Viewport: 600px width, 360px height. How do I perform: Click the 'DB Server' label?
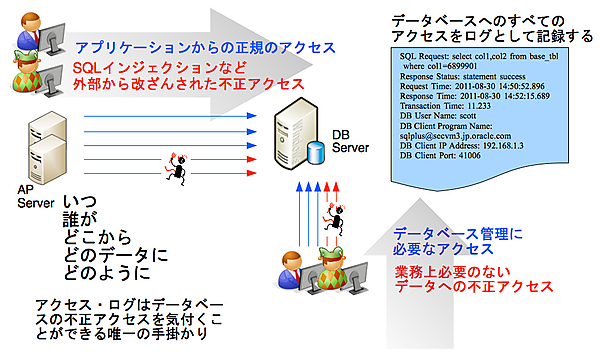point(350,141)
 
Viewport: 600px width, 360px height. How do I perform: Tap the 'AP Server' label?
point(36,196)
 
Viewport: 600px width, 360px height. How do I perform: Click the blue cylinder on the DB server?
point(316,153)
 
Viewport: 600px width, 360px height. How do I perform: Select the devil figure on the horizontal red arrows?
point(178,168)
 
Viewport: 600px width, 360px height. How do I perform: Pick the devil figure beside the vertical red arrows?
point(335,219)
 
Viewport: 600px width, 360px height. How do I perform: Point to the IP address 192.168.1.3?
point(503,146)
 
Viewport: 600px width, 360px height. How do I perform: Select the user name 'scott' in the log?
point(467,116)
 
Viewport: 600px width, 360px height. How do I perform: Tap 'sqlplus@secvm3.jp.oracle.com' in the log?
point(455,136)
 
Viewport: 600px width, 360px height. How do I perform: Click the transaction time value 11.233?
point(479,106)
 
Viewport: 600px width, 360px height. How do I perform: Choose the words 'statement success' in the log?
point(494,76)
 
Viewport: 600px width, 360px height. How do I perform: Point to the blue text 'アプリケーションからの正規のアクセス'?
point(205,48)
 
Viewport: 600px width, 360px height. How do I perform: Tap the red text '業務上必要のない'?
point(452,272)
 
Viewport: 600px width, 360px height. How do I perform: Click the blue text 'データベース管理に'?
point(458,234)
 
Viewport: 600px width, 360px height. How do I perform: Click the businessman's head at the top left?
point(30,23)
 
